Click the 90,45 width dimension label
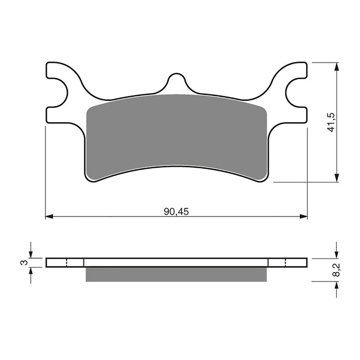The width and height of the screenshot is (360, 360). [176, 211]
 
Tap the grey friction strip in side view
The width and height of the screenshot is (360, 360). [176, 274]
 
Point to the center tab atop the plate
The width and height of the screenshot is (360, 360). [176, 82]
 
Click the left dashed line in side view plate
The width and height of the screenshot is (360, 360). [67, 262]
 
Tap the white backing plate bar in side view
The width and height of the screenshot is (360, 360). [176, 262]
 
